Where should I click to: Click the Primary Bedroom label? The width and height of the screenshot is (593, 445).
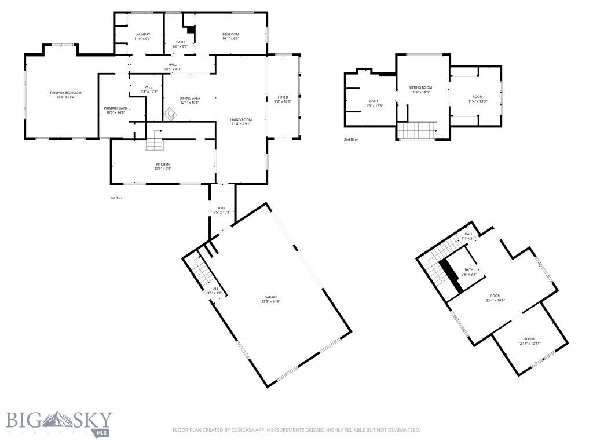(x=65, y=93)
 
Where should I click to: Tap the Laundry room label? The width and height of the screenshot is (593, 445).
(x=142, y=35)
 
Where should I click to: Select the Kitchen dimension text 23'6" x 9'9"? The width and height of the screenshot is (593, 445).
(x=163, y=169)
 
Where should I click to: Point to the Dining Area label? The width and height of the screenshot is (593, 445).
(x=189, y=99)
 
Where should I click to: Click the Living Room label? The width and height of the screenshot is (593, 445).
(x=241, y=119)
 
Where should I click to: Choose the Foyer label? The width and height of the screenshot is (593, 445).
(x=283, y=97)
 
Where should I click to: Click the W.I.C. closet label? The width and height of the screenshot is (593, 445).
(x=149, y=87)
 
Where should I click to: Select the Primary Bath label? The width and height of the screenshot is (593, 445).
(x=115, y=108)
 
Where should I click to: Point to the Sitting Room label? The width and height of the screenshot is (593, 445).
(x=421, y=87)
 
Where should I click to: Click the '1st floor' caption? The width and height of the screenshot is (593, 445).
(x=116, y=198)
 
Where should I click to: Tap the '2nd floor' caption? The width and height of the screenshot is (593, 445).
(x=351, y=140)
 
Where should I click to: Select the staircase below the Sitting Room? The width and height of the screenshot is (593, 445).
(x=418, y=130)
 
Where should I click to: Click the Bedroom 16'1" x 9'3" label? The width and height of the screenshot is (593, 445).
(x=230, y=35)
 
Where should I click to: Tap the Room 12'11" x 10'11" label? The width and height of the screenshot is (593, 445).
(x=529, y=339)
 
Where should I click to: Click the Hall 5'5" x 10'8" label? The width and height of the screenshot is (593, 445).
(x=222, y=208)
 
